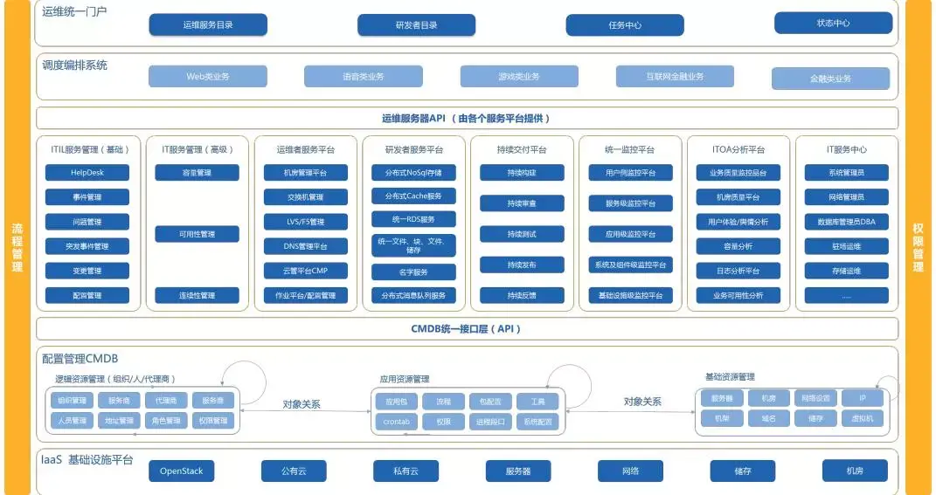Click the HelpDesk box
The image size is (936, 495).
tap(87, 173)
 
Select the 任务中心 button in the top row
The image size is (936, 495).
tap(625, 25)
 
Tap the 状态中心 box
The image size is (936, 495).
tap(832, 24)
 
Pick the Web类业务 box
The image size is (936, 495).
tap(208, 77)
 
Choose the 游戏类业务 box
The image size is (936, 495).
tap(519, 77)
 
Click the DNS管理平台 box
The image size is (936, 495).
tap(305, 246)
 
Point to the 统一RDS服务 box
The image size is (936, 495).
tap(413, 218)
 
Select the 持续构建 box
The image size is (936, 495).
tap(522, 173)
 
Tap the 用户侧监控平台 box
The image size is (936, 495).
tap(630, 173)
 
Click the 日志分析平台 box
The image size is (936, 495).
tap(738, 271)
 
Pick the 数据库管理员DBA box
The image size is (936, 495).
tap(846, 222)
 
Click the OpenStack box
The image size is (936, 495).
tap(181, 471)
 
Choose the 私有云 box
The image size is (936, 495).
tap(406, 471)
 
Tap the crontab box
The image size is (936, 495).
tap(396, 422)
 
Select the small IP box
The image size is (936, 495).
tap(863, 398)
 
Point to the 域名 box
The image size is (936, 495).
tap(768, 418)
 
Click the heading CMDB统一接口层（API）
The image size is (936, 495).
tap(466, 329)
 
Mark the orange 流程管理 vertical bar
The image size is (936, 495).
tap(17, 248)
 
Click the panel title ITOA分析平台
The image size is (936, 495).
tap(738, 149)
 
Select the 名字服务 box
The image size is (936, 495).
tap(413, 272)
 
